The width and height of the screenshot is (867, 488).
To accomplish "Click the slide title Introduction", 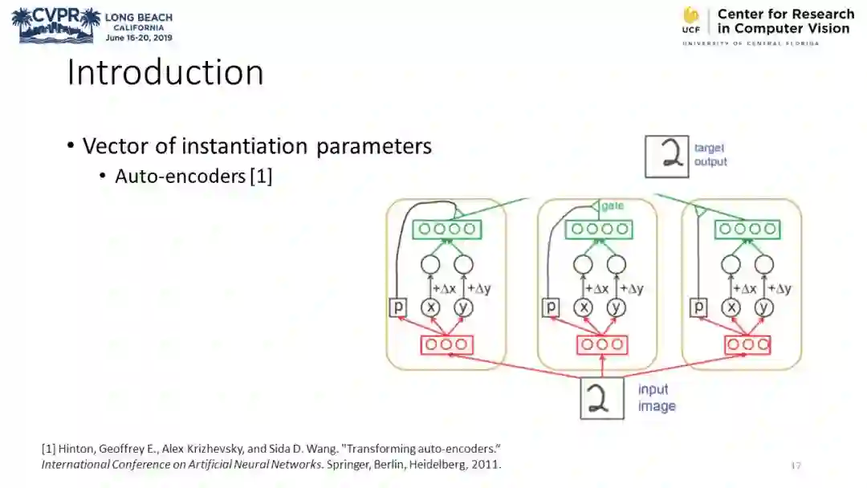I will [x=165, y=72].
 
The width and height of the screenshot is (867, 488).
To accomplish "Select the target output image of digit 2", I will [x=667, y=156].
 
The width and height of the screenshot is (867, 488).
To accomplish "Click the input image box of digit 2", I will [x=602, y=398].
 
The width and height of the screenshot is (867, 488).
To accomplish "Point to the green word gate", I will [x=613, y=206].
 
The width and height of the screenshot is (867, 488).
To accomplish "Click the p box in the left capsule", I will [x=398, y=307].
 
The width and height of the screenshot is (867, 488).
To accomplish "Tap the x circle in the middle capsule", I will [x=584, y=307].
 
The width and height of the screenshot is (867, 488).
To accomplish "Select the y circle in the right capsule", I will [x=763, y=307].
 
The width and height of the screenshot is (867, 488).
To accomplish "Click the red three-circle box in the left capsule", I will [x=447, y=345].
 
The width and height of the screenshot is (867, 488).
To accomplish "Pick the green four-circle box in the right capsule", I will [x=748, y=229].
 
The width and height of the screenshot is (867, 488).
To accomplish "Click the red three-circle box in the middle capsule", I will [x=602, y=345].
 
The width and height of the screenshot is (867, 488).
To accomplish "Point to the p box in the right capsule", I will [x=699, y=307].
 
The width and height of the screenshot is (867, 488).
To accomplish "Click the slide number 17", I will [x=796, y=466].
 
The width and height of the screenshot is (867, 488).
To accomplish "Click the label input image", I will [x=656, y=398].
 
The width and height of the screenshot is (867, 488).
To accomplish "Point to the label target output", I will [x=710, y=155].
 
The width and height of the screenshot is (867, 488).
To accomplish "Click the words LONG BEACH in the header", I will [x=138, y=17].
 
